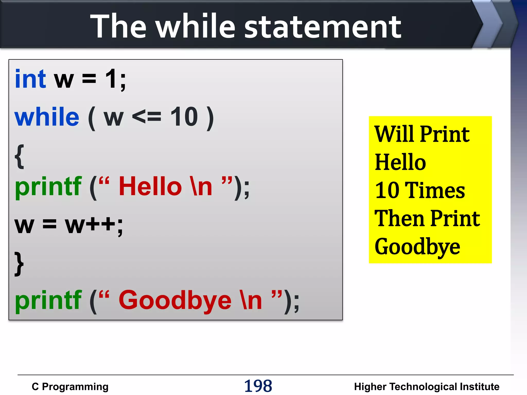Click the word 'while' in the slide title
point(196,26)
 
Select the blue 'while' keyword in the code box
point(47,117)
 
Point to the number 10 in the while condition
point(184,117)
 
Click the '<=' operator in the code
point(146,117)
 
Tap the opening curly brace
point(19,156)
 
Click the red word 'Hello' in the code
point(150,186)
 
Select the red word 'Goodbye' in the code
point(175,300)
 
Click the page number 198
point(258,386)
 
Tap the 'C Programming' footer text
point(70,387)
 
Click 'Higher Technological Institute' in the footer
point(426,387)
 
